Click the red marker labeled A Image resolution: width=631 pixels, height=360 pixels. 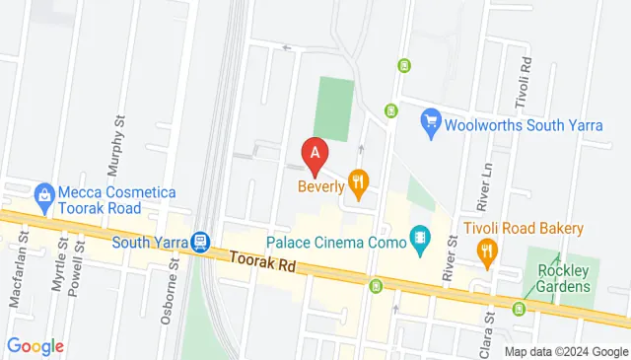[x=315, y=154]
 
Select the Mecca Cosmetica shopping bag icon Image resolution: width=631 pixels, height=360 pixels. [x=42, y=193]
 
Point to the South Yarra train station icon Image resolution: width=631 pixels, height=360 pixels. [x=201, y=241]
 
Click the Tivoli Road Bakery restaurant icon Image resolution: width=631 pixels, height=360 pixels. [x=485, y=254]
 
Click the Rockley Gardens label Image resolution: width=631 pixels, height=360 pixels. [x=557, y=278]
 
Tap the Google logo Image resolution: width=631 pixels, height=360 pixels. [x=35, y=346]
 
